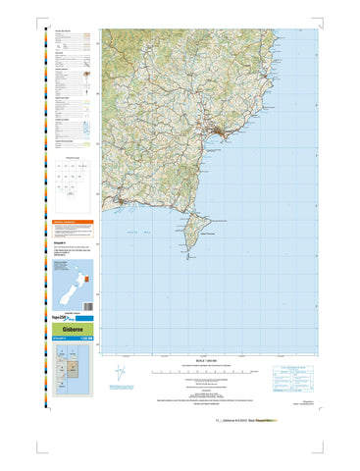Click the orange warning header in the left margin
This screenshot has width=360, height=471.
[x=75, y=223]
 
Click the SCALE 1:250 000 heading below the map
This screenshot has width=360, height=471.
[x=203, y=362]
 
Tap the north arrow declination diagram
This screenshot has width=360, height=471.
[x=120, y=374]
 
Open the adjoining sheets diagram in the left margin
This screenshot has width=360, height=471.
[x=75, y=176]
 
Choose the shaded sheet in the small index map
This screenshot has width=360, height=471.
[x=68, y=365]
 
